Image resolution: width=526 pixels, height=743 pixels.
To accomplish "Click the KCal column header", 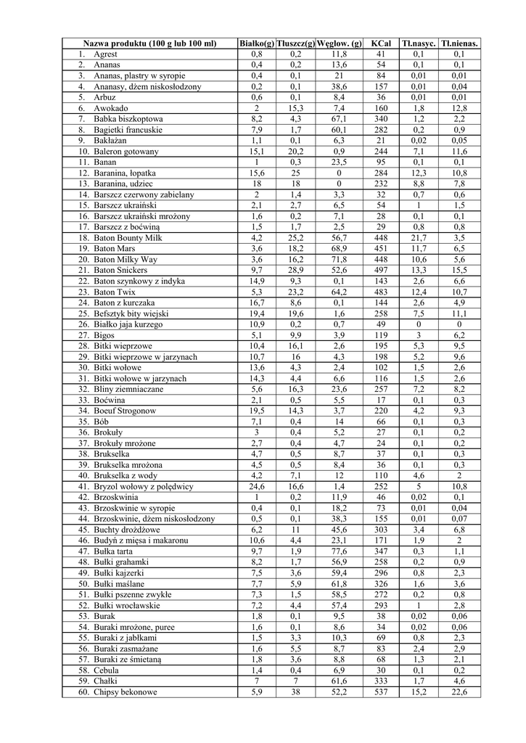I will [381, 44].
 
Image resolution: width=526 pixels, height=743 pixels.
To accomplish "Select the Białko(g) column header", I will [257, 44].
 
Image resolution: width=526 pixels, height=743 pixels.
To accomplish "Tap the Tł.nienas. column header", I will [459, 44].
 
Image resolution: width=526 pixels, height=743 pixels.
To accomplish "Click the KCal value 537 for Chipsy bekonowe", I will [381, 692].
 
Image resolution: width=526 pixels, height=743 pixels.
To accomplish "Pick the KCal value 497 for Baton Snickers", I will [381, 271].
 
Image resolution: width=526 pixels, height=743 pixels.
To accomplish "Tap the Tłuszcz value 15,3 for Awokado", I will [295, 108].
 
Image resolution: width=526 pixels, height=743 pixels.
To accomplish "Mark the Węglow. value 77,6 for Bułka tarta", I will [338, 551].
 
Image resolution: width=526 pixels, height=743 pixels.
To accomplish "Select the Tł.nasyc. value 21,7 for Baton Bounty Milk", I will [419, 238].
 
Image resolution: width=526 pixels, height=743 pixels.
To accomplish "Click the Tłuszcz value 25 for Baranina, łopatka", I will [295, 173].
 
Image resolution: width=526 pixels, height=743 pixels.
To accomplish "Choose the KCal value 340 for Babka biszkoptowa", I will [381, 119].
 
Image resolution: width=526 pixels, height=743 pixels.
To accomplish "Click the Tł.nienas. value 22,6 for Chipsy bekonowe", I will [459, 692].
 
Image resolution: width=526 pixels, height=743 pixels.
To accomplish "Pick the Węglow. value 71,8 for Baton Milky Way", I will [338, 260].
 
